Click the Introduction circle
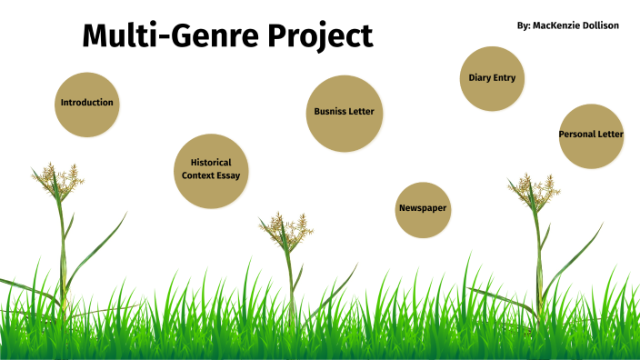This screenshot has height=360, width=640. pyautogui.click(x=87, y=104)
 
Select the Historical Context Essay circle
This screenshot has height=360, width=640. pyautogui.click(x=211, y=170)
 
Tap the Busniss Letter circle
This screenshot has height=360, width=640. pyautogui.click(x=343, y=113)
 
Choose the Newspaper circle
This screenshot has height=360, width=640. pyautogui.click(x=424, y=209)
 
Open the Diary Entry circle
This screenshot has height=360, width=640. pyautogui.click(x=492, y=78)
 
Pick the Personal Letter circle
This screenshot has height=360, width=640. pyautogui.click(x=591, y=135)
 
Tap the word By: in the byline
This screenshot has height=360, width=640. pyautogui.click(x=523, y=25)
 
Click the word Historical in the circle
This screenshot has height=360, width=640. pyautogui.click(x=211, y=163)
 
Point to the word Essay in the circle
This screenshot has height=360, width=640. pyautogui.click(x=228, y=175)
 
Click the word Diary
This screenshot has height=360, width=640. pyautogui.click(x=480, y=78)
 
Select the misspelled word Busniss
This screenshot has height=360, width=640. pyautogui.click(x=329, y=113)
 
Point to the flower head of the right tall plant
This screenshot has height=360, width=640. pyautogui.click(x=533, y=190)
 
